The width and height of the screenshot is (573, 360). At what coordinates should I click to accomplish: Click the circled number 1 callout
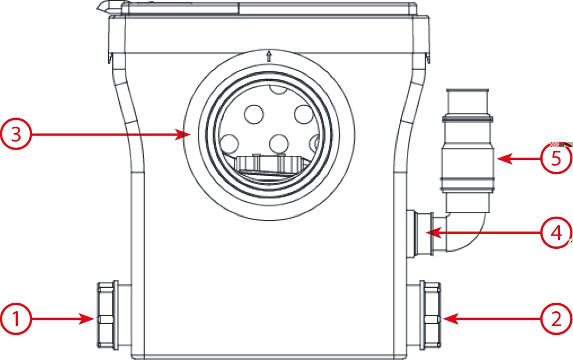(15, 319)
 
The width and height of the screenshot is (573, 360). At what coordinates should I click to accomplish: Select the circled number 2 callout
(556, 319)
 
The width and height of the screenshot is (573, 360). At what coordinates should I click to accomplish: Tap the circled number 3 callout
(15, 135)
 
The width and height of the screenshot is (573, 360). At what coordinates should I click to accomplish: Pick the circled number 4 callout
(556, 232)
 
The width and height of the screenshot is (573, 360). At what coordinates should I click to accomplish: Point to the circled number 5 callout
(556, 159)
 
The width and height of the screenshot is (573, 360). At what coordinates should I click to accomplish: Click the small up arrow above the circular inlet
(269, 56)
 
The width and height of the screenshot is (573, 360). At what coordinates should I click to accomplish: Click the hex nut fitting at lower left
(107, 316)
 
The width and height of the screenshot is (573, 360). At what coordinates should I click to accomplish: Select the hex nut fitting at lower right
(430, 316)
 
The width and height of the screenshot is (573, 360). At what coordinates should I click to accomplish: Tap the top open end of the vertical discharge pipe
(468, 91)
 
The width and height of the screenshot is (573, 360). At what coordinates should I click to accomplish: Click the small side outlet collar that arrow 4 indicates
(420, 234)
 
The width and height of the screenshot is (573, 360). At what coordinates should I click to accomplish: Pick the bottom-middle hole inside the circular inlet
(279, 144)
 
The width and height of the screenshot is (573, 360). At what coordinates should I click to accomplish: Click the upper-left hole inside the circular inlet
(254, 114)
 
